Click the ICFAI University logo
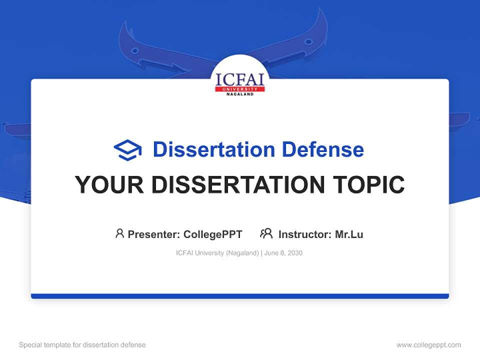(240, 82)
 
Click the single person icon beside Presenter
(119, 233)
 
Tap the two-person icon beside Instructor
(266, 233)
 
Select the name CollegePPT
(213, 234)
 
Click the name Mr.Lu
(349, 234)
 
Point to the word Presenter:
(154, 234)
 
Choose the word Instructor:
(305, 234)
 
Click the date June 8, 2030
(283, 253)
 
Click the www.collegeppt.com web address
(428, 345)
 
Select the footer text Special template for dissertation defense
(82, 345)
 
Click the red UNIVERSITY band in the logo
(240, 89)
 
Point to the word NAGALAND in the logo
(240, 94)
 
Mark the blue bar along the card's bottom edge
(240, 296)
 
